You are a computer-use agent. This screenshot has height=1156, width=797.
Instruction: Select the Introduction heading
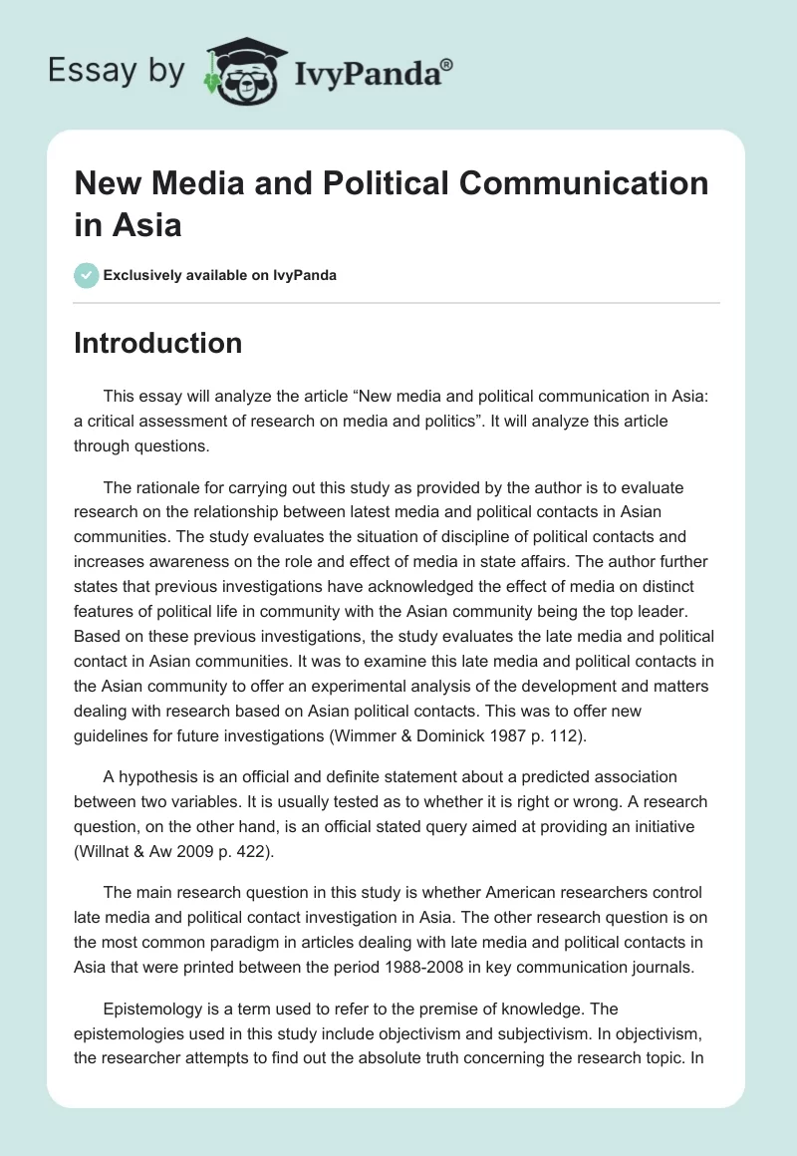click(157, 343)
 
